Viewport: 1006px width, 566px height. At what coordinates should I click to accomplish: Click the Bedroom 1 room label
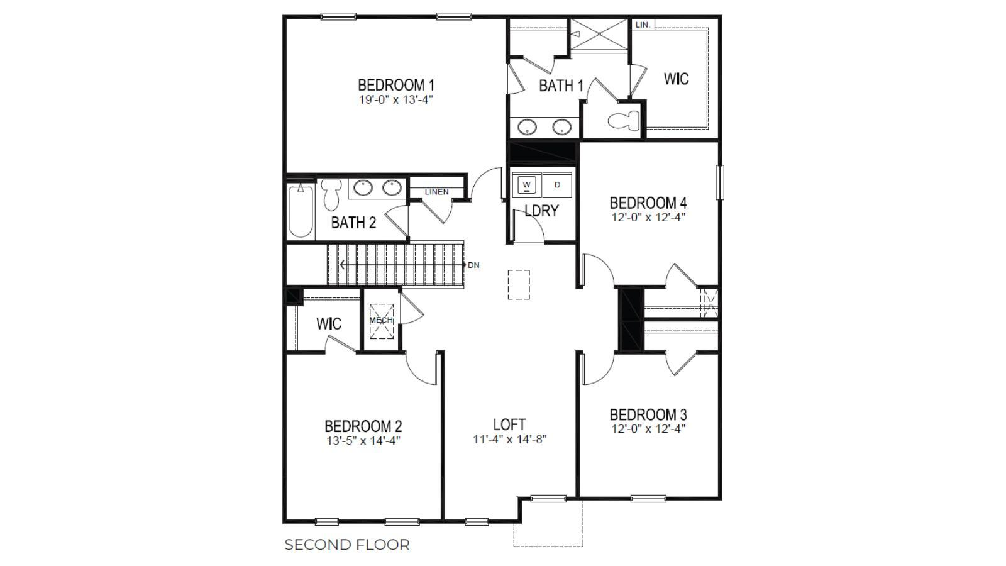(395, 85)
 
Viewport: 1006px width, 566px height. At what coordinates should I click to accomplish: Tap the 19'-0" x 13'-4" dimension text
(395, 99)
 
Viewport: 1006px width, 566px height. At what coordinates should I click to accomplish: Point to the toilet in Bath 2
(331, 194)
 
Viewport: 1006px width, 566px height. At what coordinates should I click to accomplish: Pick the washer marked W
(526, 184)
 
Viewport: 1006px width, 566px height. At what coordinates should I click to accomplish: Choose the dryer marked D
(557, 184)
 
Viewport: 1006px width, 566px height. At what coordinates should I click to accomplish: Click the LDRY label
(541, 211)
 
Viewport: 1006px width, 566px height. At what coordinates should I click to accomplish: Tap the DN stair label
(473, 265)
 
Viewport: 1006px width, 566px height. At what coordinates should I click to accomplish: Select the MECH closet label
(381, 321)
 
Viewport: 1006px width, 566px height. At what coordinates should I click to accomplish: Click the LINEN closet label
(436, 192)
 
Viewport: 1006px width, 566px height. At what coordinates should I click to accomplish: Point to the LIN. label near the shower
(643, 25)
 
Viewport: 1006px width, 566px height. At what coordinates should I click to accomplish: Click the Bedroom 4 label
(648, 203)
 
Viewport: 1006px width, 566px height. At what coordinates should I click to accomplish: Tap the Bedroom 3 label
(648, 415)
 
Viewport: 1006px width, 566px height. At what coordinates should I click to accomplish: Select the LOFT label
(509, 425)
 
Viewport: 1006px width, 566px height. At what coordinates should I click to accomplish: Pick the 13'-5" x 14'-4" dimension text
(363, 441)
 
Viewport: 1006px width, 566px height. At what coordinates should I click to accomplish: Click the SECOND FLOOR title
(346, 545)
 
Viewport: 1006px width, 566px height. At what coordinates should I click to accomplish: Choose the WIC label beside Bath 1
(676, 79)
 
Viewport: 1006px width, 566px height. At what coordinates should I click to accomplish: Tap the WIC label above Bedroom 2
(328, 324)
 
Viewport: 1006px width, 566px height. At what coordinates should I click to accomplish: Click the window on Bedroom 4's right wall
(721, 182)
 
